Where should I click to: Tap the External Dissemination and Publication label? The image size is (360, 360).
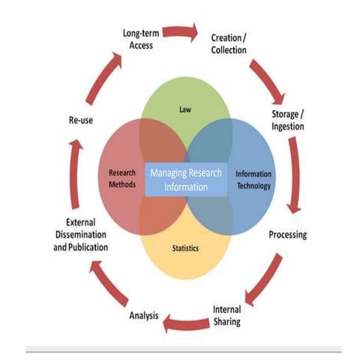(x=76, y=234)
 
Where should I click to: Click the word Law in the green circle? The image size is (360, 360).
(x=185, y=109)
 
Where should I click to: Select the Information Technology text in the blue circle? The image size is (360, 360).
(x=253, y=179)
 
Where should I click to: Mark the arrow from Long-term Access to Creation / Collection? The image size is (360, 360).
(x=180, y=32)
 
